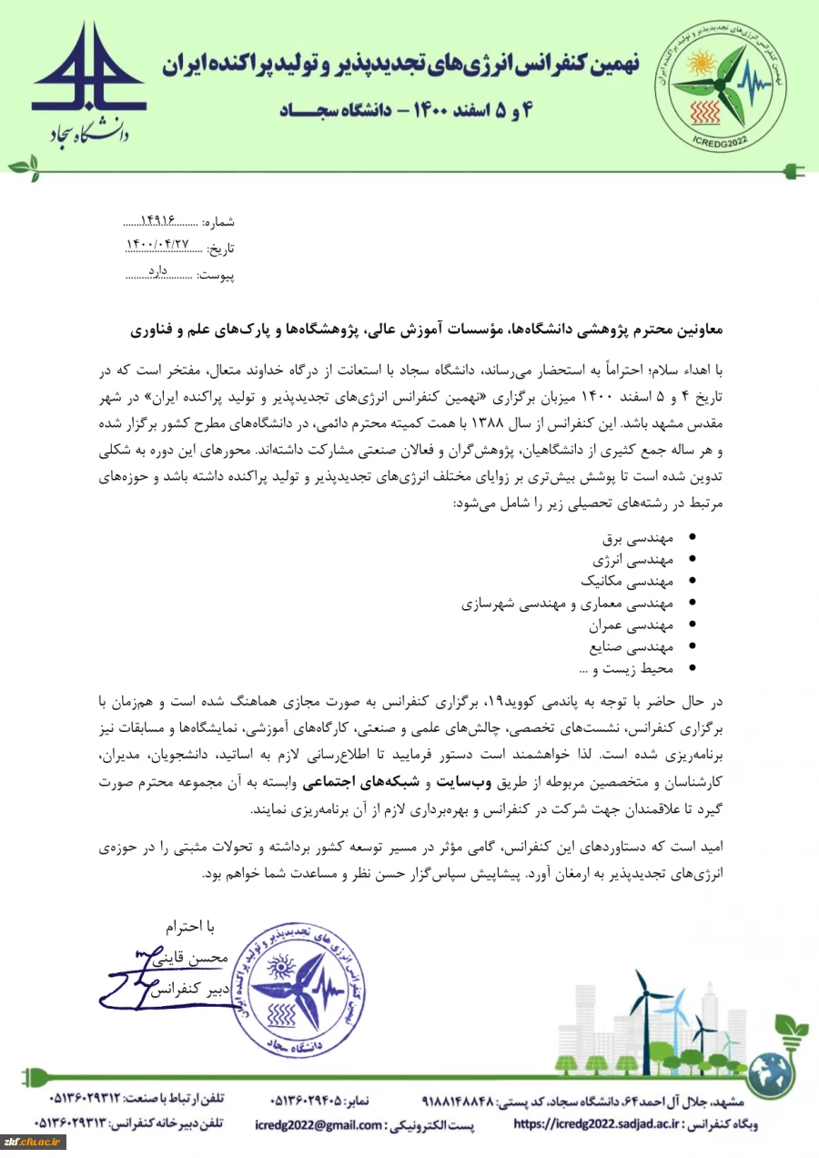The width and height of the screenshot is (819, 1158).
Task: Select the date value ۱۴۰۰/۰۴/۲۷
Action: (160, 247)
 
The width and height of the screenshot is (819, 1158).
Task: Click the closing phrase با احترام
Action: (189, 928)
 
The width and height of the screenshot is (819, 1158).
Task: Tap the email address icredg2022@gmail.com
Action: (318, 1125)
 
